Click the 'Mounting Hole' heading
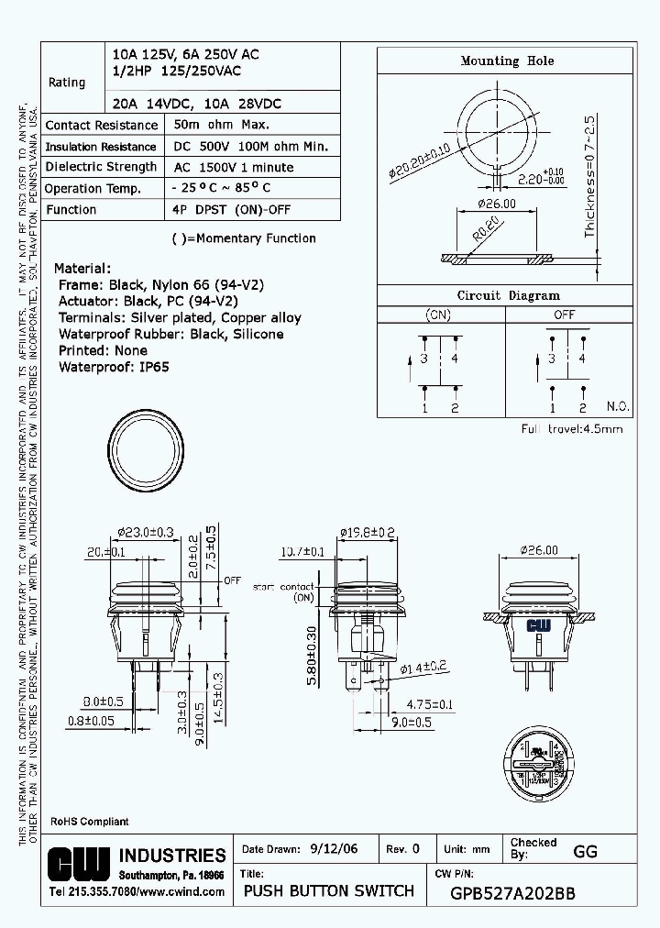click(x=507, y=61)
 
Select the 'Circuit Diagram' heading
click(x=508, y=295)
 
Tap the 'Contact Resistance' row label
click(x=102, y=126)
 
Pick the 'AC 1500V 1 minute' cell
click(x=234, y=168)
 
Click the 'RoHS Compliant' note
click(x=89, y=822)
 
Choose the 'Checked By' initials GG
click(x=585, y=851)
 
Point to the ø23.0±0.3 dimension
click(x=147, y=532)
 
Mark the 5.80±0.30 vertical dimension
click(x=312, y=656)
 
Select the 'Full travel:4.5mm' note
click(x=572, y=429)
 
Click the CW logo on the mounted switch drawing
click(x=537, y=625)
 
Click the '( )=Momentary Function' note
click(x=244, y=238)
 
